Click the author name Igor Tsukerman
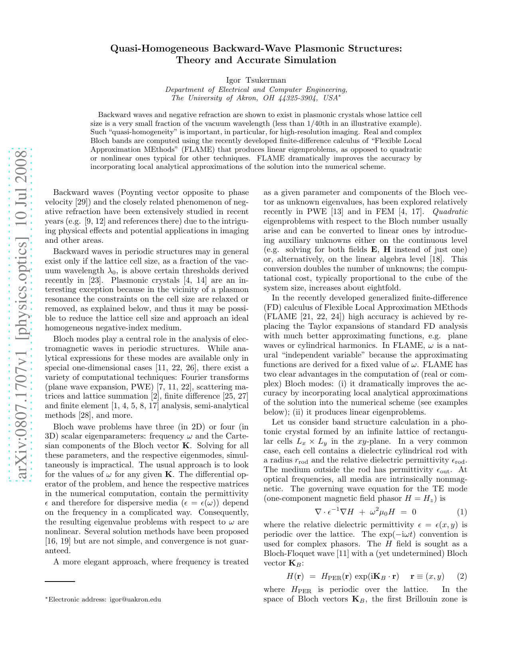pos(256,80)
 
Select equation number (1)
pos(461,512)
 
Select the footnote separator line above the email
pos(60,582)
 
